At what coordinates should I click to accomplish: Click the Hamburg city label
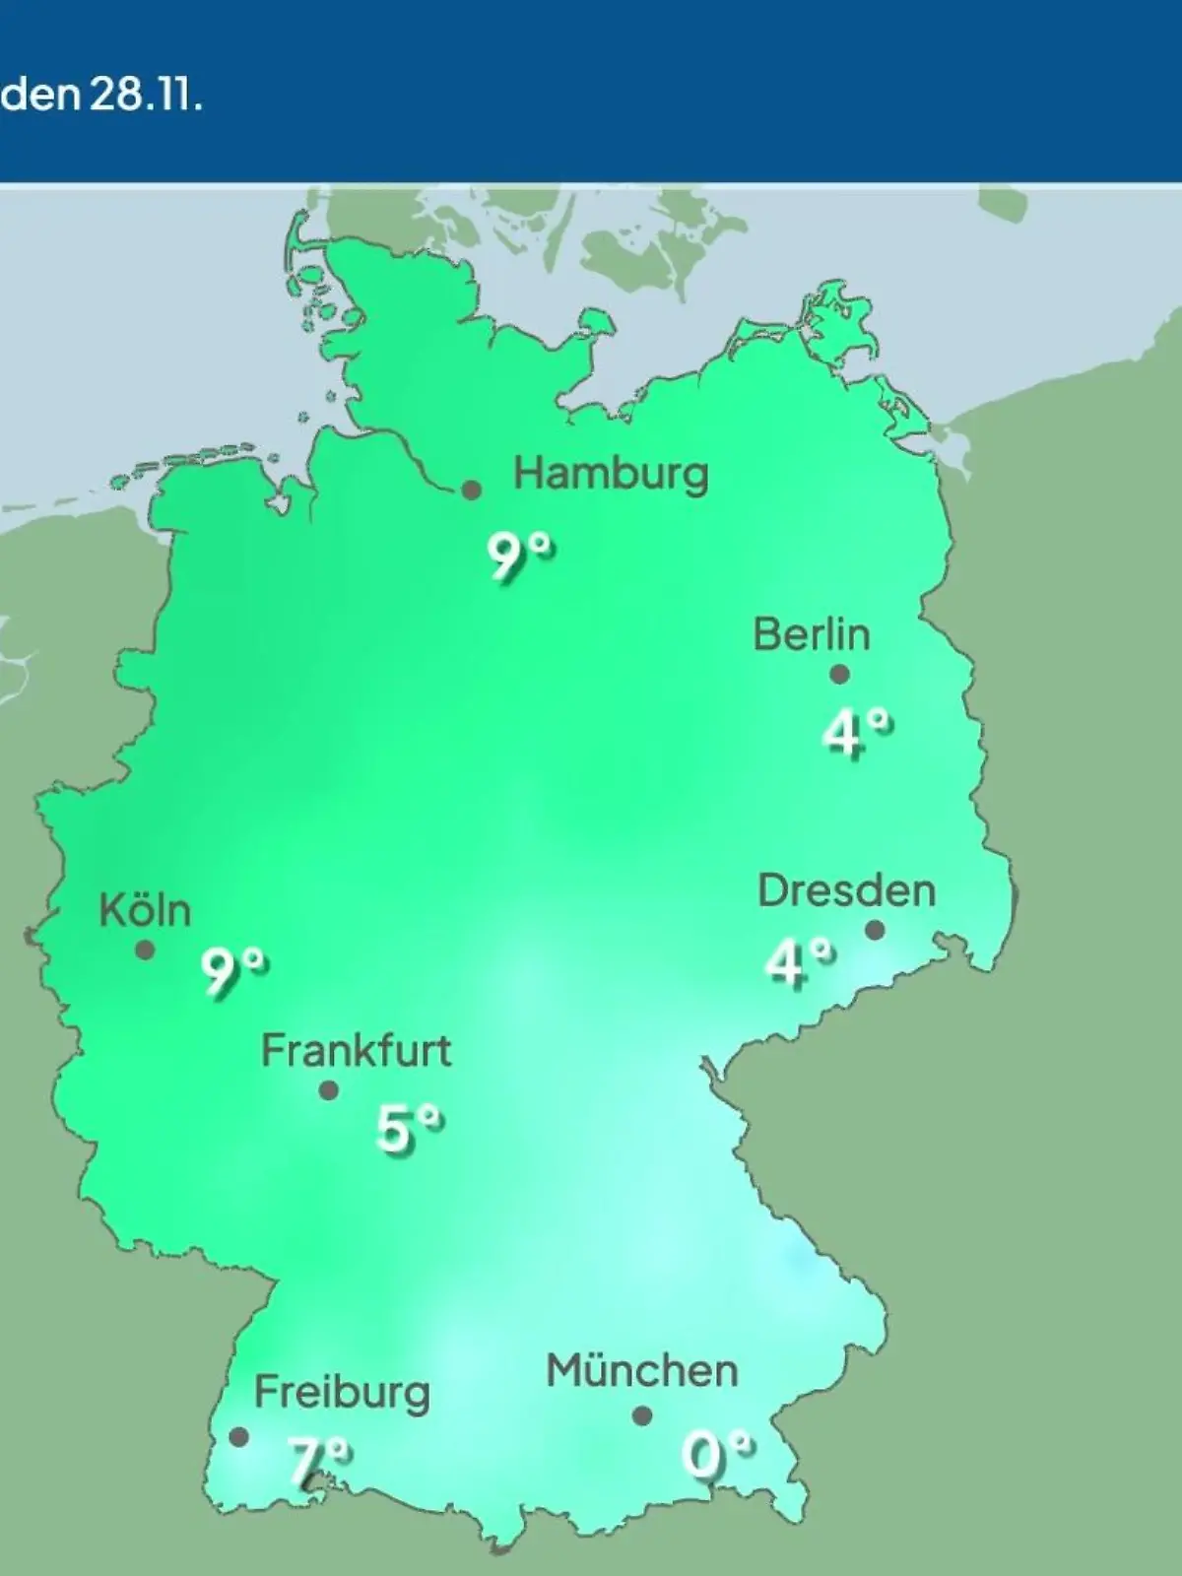coord(611,475)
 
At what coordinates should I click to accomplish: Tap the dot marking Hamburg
coord(472,490)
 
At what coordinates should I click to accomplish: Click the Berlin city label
coord(812,634)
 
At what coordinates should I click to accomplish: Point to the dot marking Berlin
coord(839,675)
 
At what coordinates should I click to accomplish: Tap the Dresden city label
coord(846,890)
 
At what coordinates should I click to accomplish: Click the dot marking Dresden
coord(874,930)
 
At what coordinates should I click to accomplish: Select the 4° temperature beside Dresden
coord(799,962)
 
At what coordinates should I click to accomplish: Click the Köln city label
coord(145,911)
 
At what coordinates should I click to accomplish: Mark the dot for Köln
coord(145,951)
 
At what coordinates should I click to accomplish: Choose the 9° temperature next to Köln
coord(233,971)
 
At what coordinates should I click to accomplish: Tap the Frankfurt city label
coord(356,1052)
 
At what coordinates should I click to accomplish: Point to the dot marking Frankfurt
coord(329,1090)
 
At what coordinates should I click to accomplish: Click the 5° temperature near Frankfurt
coord(408,1128)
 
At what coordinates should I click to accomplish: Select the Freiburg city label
coord(342,1393)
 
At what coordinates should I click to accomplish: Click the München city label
coord(641,1371)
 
